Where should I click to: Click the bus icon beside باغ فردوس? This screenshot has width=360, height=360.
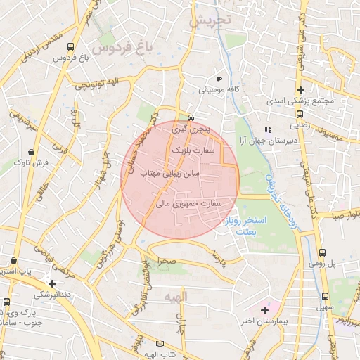[70, 47]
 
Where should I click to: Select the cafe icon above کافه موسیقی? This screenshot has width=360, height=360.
[219, 79]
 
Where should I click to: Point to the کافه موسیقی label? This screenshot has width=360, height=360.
[218, 90]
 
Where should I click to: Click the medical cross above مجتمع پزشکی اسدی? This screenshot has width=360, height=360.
[300, 90]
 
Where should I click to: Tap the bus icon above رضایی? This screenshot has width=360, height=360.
[300, 113]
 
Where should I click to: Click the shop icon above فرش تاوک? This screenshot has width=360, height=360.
[31, 152]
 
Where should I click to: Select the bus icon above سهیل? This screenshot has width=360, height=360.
[326, 297]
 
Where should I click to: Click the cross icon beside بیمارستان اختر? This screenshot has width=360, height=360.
[264, 309]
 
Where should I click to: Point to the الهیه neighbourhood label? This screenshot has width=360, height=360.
[176, 297]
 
